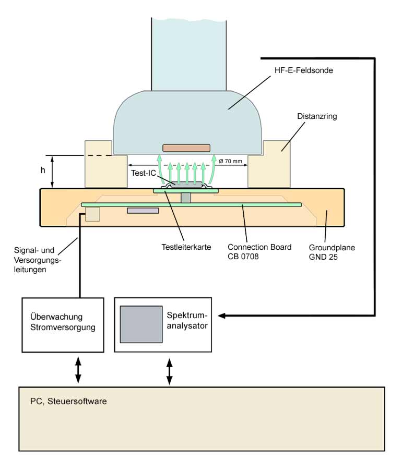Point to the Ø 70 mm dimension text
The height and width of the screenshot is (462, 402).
[x=230, y=161]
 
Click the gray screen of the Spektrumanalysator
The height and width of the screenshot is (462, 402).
[x=140, y=324]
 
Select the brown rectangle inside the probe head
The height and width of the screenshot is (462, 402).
[x=186, y=148]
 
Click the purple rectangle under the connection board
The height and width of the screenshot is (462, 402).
[x=143, y=211]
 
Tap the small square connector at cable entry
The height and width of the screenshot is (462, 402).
[x=92, y=214]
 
